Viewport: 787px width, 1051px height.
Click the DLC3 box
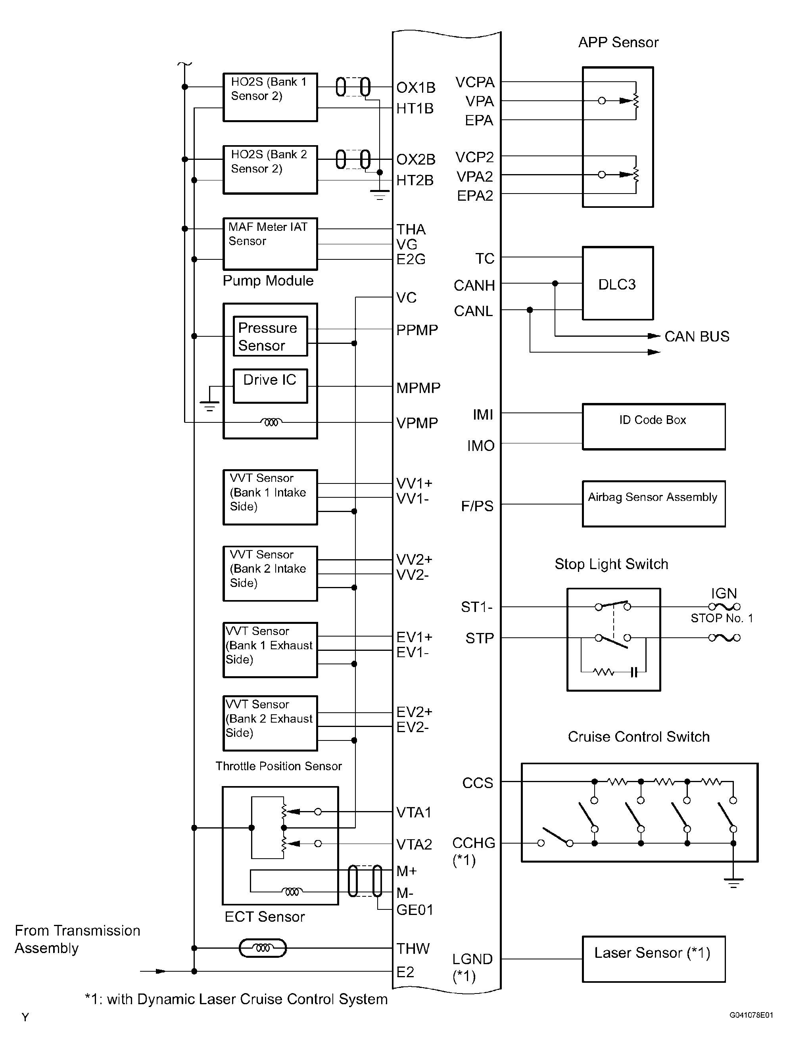[617, 283]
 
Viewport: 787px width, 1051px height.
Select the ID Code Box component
[653, 426]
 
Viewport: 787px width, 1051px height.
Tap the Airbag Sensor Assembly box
[653, 504]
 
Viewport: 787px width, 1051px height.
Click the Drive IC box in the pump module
[270, 386]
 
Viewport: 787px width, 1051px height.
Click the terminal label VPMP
[417, 423]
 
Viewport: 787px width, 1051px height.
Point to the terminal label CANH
[474, 286]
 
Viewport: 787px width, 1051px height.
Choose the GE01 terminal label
[415, 909]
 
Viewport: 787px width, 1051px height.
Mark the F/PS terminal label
[477, 506]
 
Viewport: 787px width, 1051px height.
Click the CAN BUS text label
[696, 336]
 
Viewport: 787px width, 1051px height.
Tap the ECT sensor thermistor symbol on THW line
[262, 948]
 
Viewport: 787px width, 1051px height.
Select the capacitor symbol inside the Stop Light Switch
[633, 672]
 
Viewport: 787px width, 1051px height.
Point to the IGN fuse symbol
[724, 607]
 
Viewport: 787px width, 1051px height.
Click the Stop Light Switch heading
[611, 564]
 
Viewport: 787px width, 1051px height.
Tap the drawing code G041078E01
[751, 1015]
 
